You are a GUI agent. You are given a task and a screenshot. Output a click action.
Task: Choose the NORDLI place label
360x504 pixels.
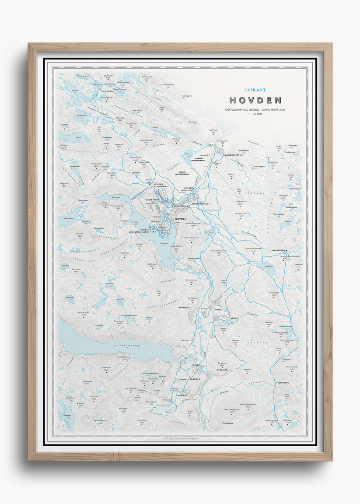218,309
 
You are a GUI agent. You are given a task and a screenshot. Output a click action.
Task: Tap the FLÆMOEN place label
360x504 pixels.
195,379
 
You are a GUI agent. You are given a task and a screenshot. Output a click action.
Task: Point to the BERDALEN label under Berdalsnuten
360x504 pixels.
222,370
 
